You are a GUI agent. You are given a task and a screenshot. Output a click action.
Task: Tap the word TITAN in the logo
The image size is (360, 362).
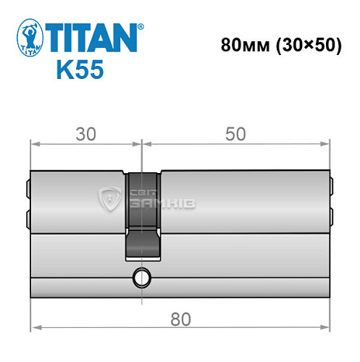pyautogui.click(x=91, y=35)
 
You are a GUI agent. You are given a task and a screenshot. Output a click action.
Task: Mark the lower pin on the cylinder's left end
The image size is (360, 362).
pyautogui.click(x=28, y=217)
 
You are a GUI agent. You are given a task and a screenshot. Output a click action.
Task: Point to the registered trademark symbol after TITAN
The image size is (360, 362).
pyautogui.click(x=141, y=26)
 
